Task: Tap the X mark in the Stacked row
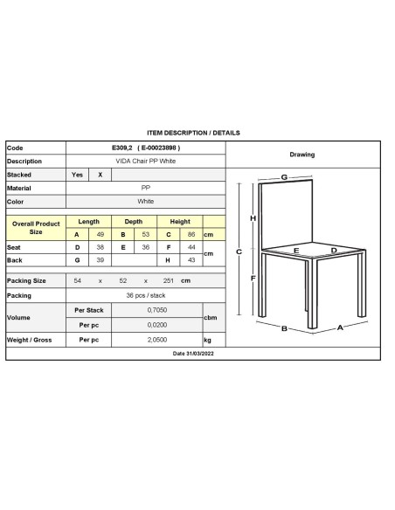(x=100, y=175)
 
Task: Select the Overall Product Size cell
(x=36, y=228)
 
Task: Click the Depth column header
(x=134, y=222)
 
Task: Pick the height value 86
(x=190, y=235)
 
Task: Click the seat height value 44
(x=190, y=248)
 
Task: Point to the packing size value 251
(x=167, y=281)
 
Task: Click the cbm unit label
(x=209, y=316)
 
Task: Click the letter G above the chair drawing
(x=285, y=177)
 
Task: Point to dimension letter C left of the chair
(x=239, y=252)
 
